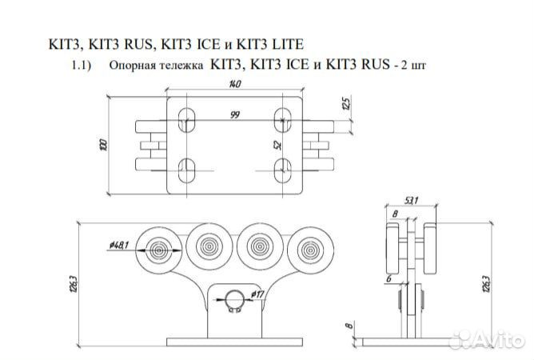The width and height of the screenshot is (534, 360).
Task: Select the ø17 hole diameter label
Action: [257, 294]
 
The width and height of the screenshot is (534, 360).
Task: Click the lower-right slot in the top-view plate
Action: [281, 170]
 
